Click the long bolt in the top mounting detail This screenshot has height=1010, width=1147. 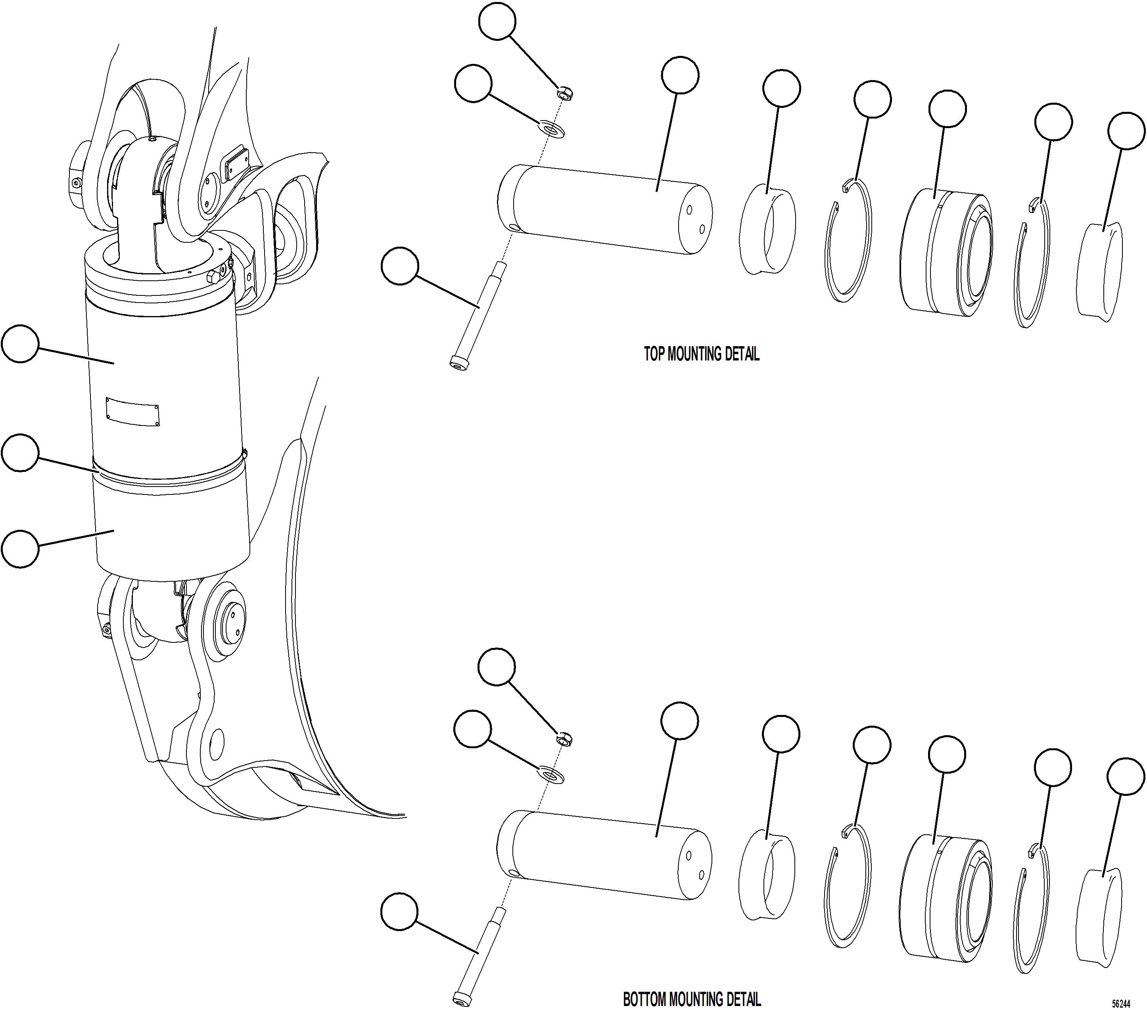[478, 317]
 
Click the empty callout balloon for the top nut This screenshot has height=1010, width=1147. [497, 21]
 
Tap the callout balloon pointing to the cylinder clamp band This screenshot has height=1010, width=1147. [20, 452]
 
